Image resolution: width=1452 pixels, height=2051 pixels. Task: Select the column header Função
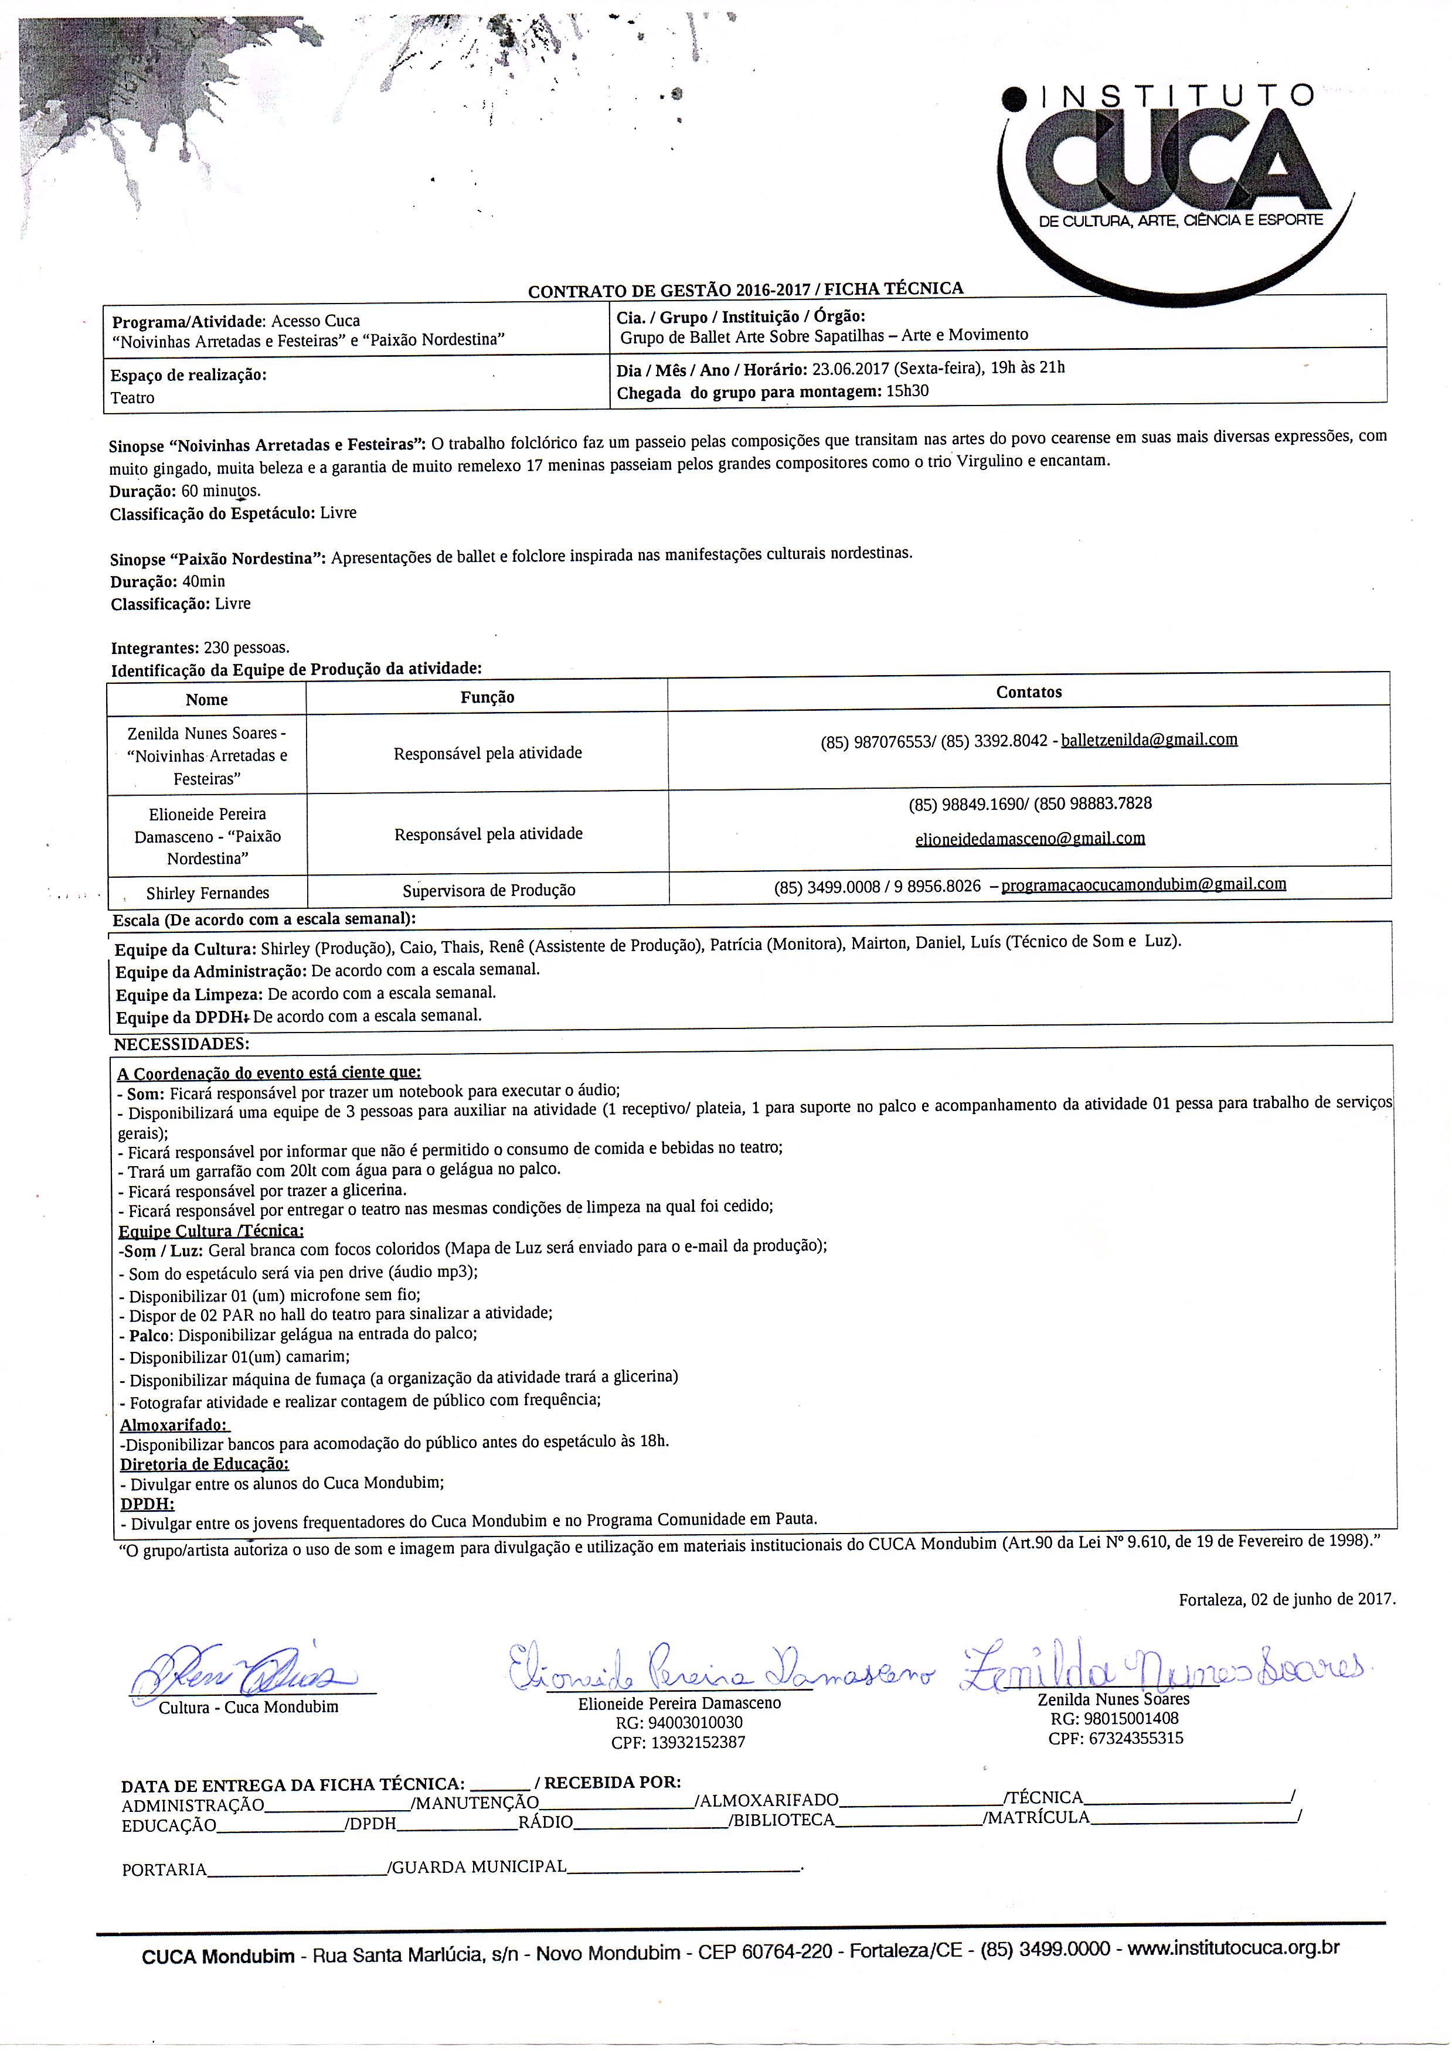pos(487,697)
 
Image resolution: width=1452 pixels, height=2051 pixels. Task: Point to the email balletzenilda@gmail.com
pos(1149,740)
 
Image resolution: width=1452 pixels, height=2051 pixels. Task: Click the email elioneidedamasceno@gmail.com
pos(1030,839)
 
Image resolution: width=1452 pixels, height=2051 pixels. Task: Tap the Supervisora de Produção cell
pos(488,890)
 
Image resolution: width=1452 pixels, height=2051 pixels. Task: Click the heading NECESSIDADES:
pos(182,1044)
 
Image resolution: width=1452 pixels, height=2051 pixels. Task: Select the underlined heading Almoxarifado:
pos(174,1425)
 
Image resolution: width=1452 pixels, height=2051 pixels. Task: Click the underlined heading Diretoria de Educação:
pos(205,1464)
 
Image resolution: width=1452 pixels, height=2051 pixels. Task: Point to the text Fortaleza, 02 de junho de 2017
pos(1287,1599)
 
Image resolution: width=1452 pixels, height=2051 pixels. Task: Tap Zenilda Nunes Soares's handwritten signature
pos(1162,1665)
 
